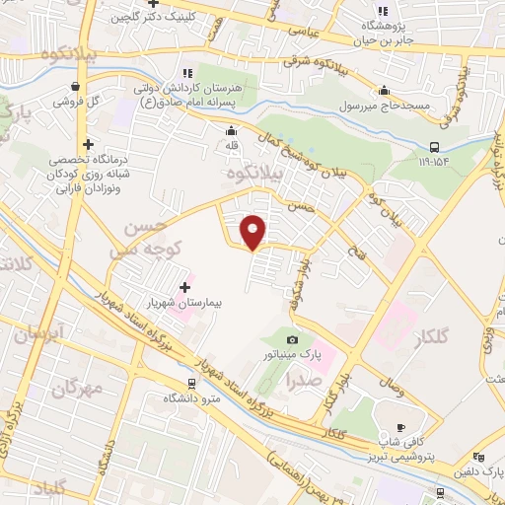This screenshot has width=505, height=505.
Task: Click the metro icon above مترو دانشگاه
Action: (192, 385)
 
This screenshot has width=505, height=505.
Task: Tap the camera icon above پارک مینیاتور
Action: (292, 336)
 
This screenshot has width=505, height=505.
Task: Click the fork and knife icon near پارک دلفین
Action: (479, 457)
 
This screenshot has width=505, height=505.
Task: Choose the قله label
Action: (232, 146)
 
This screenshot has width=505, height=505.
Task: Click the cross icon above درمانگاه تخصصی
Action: (90, 144)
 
